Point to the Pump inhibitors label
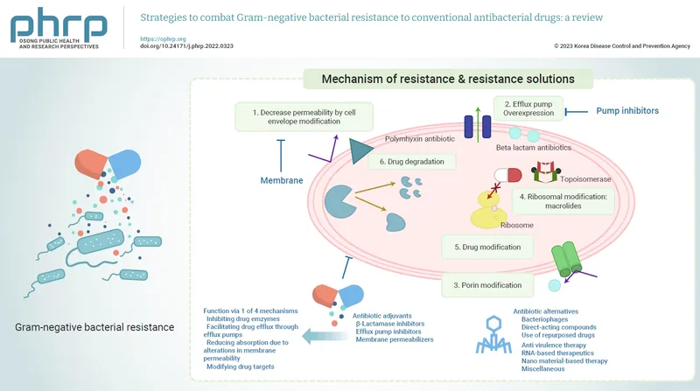coord(626,111)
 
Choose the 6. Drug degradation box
coord(411,162)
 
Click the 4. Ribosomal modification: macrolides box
coord(562,202)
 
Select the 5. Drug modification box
coord(486,247)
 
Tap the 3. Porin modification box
coord(486,284)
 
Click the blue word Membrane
coord(282,180)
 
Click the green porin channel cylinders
coord(572,260)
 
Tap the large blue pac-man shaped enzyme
coord(344,202)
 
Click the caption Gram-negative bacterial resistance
coord(94,327)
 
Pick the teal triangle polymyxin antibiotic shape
coord(360,151)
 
